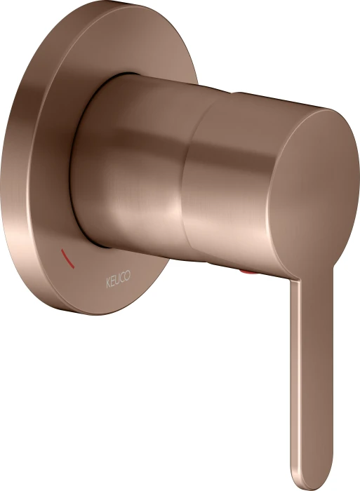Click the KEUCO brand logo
point(118,278)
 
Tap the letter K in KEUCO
point(108,283)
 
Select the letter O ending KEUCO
point(128,275)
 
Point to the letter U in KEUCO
point(117,279)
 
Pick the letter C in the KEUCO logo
point(122,277)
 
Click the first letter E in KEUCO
point(112,281)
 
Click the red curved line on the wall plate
point(67,259)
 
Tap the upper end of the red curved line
point(62,250)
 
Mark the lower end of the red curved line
point(74,268)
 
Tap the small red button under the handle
point(248,272)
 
